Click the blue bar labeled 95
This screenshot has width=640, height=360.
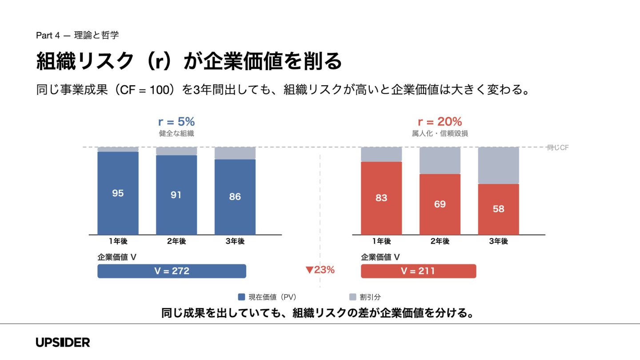click(118, 193)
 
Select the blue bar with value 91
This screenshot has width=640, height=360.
click(176, 195)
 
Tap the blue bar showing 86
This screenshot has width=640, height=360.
click(235, 196)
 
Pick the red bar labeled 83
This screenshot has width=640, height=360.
click(381, 198)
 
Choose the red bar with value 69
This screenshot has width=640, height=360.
click(440, 204)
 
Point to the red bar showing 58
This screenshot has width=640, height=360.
click(498, 209)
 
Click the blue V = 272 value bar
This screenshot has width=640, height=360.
click(172, 271)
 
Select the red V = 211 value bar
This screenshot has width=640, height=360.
click(418, 271)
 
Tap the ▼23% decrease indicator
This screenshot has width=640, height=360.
click(320, 270)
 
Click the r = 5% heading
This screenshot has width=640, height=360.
click(176, 122)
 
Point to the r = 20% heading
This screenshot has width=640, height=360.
click(440, 122)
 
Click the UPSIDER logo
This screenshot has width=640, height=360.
click(63, 342)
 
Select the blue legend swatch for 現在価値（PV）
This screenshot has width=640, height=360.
click(242, 297)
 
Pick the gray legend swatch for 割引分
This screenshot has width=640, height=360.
click(352, 297)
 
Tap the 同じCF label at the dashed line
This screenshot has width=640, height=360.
click(558, 148)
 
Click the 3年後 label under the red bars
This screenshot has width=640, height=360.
click(498, 241)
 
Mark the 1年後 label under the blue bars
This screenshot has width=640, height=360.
click(118, 241)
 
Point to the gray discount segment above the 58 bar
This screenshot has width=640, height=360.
click(498, 165)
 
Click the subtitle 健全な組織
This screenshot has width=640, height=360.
click(176, 133)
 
